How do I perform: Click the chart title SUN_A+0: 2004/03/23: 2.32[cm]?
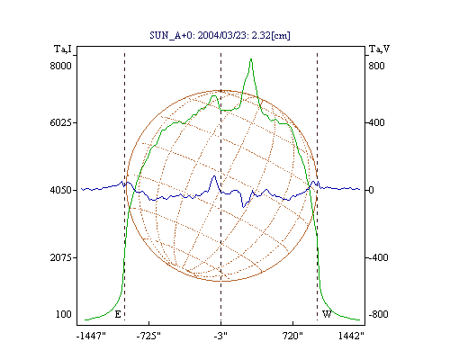coord(220,35)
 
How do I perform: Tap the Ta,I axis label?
coord(63,49)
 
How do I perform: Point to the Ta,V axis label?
coord(380,49)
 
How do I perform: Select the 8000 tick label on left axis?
coord(61,66)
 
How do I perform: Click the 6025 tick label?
coord(61,122)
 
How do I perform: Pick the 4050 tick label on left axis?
coord(61,190)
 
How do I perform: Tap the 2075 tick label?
coord(61,257)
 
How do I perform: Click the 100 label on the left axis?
coord(64,314)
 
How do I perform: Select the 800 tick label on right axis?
coord(376,66)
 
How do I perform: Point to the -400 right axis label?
coord(378,257)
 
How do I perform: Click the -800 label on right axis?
coord(378,314)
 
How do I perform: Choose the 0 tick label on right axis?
coord(371,190)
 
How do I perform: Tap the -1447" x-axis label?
coord(91,336)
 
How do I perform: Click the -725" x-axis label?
coord(148,336)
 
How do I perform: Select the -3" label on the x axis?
coord(220,336)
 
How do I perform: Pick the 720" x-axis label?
coord(292,336)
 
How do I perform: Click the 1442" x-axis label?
coord(351,336)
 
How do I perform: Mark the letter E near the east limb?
coord(118,314)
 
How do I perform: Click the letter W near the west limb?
coord(327,314)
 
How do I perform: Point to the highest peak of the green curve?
coord(251,59)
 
